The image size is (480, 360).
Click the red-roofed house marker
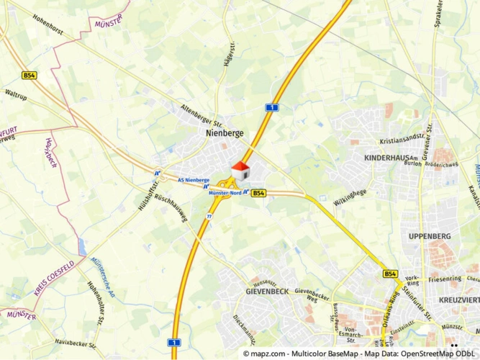pyautogui.click(x=240, y=171)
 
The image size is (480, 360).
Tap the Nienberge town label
pyautogui.click(x=225, y=133)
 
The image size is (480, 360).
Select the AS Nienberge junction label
pyautogui.click(x=193, y=179)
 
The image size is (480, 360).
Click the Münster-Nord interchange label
pyautogui.click(x=224, y=193)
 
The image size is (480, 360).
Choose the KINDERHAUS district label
pyautogui.click(x=387, y=157)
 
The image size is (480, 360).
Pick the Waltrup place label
pyautogui.click(x=16, y=94)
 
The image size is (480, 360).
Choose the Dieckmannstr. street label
pyautogui.click(x=245, y=327)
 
